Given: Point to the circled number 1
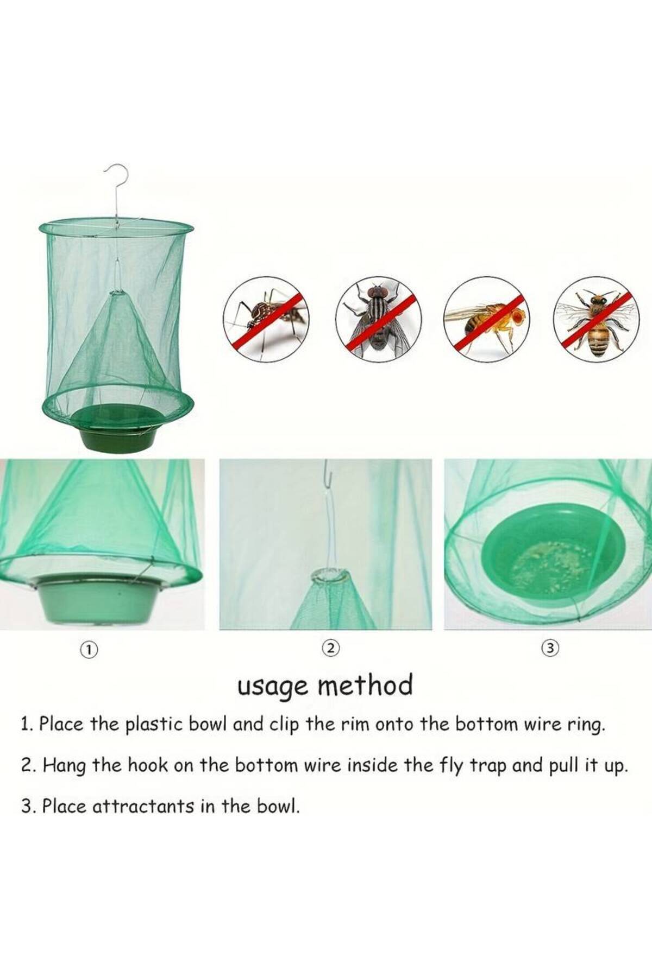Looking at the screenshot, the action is pos(88,649).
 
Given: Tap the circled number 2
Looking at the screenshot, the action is pos(330,648).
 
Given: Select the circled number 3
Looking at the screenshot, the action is pos(550,648).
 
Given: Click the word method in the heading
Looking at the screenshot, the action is pos(365,685).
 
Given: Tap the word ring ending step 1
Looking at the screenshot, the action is pos(586,726).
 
